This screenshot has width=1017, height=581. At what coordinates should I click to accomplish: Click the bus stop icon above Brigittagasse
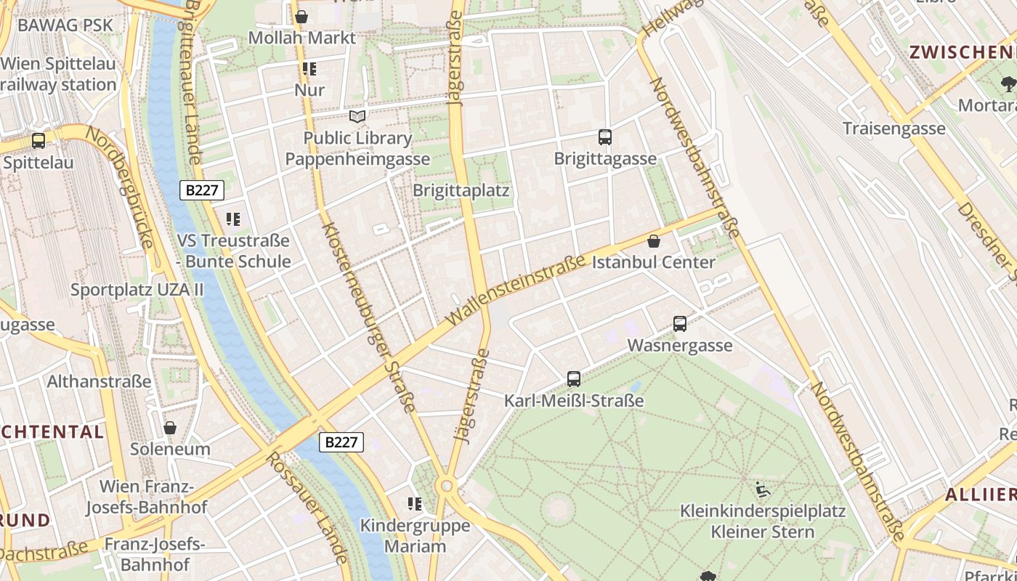pyautogui.click(x=604, y=137)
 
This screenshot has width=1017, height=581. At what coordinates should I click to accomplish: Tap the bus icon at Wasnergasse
pyautogui.click(x=680, y=324)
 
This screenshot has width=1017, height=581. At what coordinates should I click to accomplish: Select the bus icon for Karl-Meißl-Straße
pyautogui.click(x=574, y=378)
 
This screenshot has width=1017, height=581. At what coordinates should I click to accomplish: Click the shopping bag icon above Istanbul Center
pyautogui.click(x=654, y=241)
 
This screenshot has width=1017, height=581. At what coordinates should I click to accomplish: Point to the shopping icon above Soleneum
pyautogui.click(x=170, y=428)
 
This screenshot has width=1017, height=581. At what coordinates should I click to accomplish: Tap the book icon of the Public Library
pyautogui.click(x=357, y=116)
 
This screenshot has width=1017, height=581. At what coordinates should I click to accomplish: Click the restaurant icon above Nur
pyautogui.click(x=309, y=70)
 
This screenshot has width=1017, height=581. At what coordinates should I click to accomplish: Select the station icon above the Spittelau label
pyautogui.click(x=39, y=141)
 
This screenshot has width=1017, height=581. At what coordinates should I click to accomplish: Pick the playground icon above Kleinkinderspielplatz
pyautogui.click(x=763, y=489)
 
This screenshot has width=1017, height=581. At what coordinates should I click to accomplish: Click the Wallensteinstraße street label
pyautogui.click(x=516, y=291)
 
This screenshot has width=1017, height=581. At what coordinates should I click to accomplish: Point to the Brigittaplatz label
pyautogui.click(x=461, y=190)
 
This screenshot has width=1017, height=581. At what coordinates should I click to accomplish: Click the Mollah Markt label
pyautogui.click(x=302, y=38)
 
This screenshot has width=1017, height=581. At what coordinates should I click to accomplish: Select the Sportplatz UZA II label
pyautogui.click(x=137, y=290)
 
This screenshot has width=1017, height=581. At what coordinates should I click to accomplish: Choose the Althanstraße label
pyautogui.click(x=100, y=381)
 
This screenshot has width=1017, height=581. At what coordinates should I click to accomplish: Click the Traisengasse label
pyautogui.click(x=894, y=129)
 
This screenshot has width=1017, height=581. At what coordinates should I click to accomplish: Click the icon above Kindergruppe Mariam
pyautogui.click(x=415, y=503)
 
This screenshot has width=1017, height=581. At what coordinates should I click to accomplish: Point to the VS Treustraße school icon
pyautogui.click(x=233, y=219)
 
